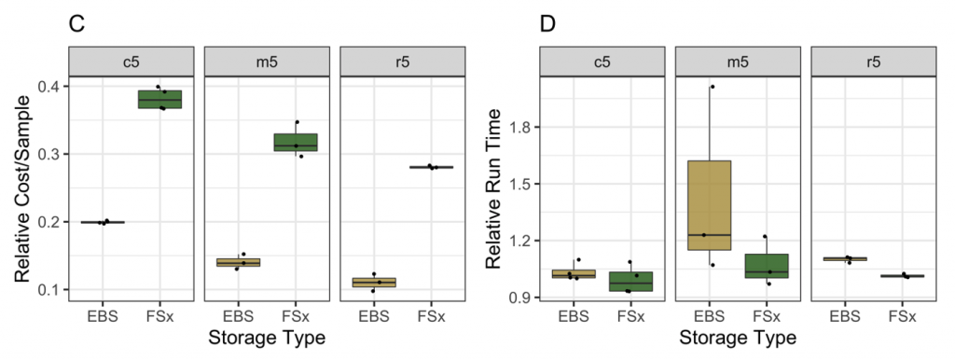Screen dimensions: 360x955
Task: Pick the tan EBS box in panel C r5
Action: point(373,282)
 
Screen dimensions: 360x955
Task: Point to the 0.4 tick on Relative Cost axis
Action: point(50,87)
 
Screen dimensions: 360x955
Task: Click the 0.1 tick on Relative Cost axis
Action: point(50,289)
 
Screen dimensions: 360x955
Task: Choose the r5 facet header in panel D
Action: point(873,62)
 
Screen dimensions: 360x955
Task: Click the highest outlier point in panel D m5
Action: point(712,87)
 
